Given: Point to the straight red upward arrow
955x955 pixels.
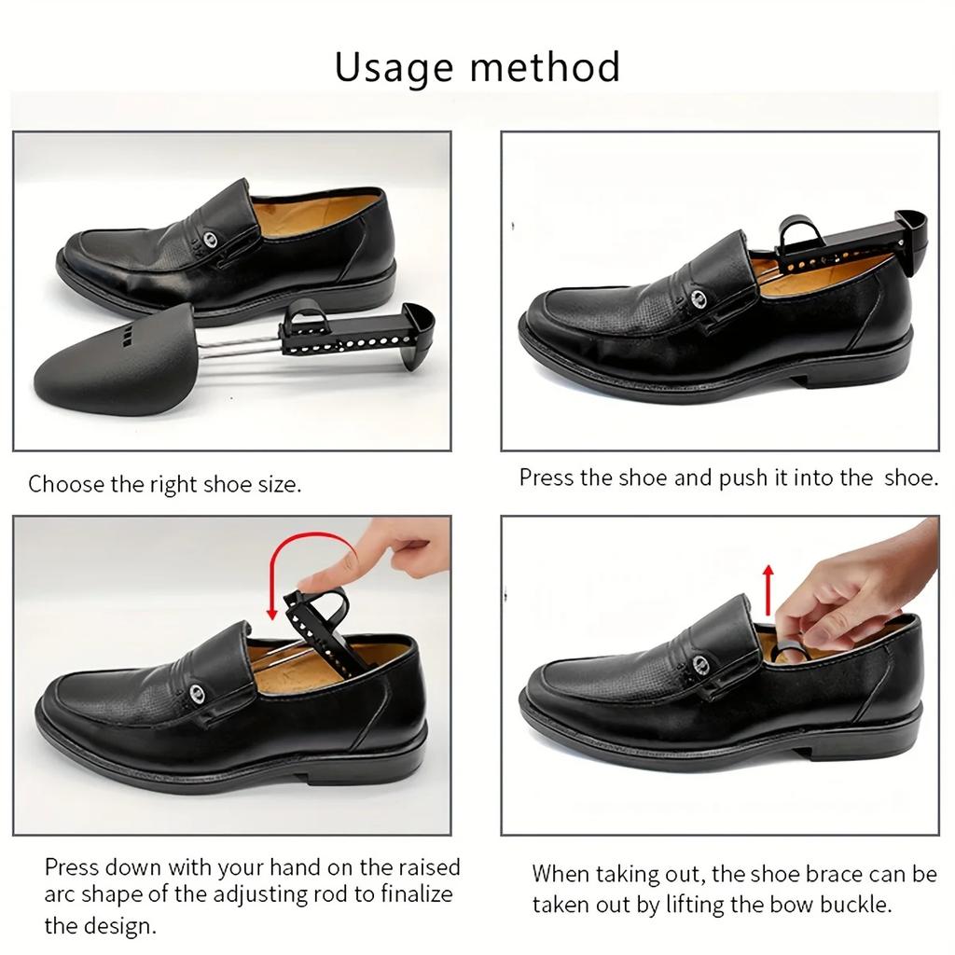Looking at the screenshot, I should coord(768,588).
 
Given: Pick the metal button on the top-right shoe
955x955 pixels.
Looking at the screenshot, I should coord(699,298).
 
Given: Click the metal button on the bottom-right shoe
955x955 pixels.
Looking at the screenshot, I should coord(699,667).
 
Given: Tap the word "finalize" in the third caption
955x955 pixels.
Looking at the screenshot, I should coord(409,895).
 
